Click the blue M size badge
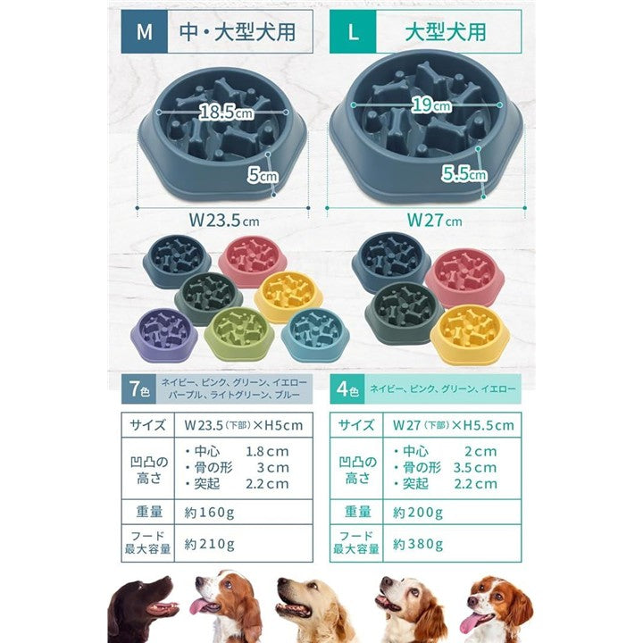pyautogui.click(x=145, y=32)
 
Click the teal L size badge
pyautogui.click(x=353, y=32)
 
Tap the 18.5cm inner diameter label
pyautogui.click(x=226, y=112)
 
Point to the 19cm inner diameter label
pyautogui.click(x=431, y=105)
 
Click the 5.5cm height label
pyautogui.click(x=464, y=174)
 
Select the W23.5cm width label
pyautogui.click(x=224, y=221)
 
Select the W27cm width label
pyautogui.click(x=434, y=221)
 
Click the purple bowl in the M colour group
pyautogui.click(x=164, y=335)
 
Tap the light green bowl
pyautogui.click(x=238, y=333)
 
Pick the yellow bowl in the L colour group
pyautogui.click(x=470, y=334)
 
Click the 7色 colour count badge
pyautogui.click(x=138, y=388)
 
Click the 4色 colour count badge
pyautogui.click(x=347, y=388)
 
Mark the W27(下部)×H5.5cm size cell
pyautogui.click(x=452, y=425)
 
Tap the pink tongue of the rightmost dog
pyautogui.click(x=469, y=624)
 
